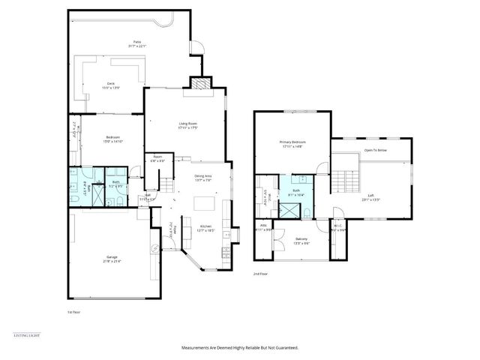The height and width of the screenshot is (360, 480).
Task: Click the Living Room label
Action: (x=187, y=125)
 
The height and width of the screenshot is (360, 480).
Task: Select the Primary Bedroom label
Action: (x=292, y=143)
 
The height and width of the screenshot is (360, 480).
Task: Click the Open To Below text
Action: (x=376, y=150)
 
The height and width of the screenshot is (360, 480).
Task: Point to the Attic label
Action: (x=263, y=228)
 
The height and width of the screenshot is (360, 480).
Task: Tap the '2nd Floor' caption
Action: (x=260, y=274)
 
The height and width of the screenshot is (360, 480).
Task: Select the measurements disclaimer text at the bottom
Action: (x=240, y=348)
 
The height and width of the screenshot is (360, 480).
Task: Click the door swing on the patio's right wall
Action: (x=197, y=47)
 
